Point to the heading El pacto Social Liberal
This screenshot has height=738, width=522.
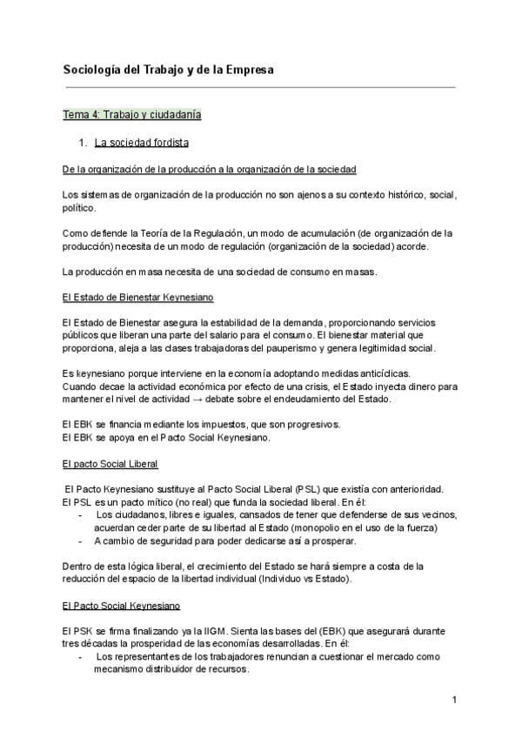110,464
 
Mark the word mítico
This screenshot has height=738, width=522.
155,502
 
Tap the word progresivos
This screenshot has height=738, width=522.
266,424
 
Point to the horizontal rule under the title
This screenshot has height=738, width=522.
260,87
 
